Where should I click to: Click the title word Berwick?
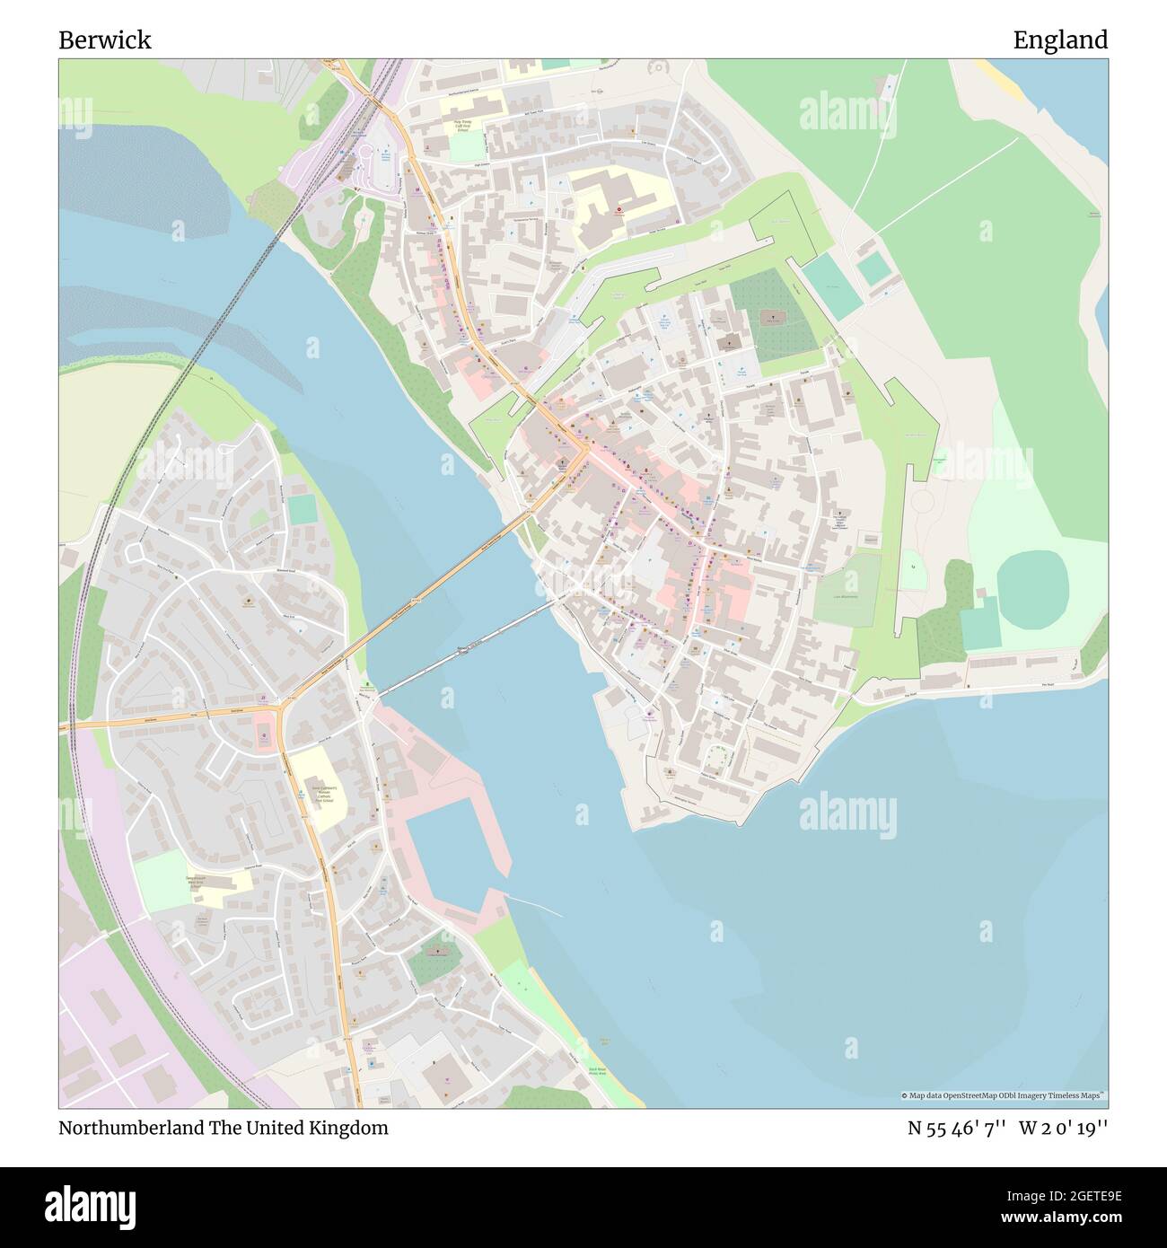[105, 40]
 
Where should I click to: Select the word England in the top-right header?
[1060, 40]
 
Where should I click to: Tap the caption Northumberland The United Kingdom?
[224, 1128]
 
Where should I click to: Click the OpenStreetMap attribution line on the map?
[1003, 1095]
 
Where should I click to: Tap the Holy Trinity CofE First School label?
[463, 127]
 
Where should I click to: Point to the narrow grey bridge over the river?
[466, 649]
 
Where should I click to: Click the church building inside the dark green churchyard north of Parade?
[769, 318]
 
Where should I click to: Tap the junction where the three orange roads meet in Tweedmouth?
[282, 710]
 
